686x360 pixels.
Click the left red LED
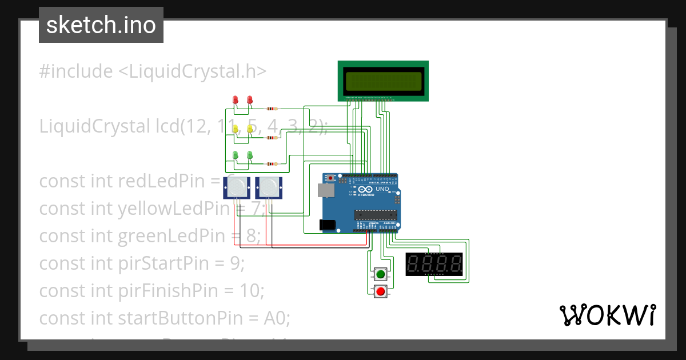click(x=235, y=100)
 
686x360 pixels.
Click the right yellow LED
click(x=250, y=129)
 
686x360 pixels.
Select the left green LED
click(x=235, y=154)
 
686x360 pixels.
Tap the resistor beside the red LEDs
click(x=273, y=109)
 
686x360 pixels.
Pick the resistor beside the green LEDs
click(x=273, y=164)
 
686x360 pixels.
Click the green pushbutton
click(x=380, y=274)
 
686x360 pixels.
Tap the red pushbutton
click(x=380, y=292)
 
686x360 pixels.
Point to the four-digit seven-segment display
click(x=434, y=264)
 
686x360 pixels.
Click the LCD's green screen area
click(x=383, y=81)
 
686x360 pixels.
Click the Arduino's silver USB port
click(x=326, y=190)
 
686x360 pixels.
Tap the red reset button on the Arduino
click(x=330, y=178)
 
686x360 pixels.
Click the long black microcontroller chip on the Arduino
click(x=375, y=215)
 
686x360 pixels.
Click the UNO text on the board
click(x=382, y=189)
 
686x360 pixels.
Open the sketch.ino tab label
click(x=101, y=25)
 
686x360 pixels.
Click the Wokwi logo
click(x=607, y=315)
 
